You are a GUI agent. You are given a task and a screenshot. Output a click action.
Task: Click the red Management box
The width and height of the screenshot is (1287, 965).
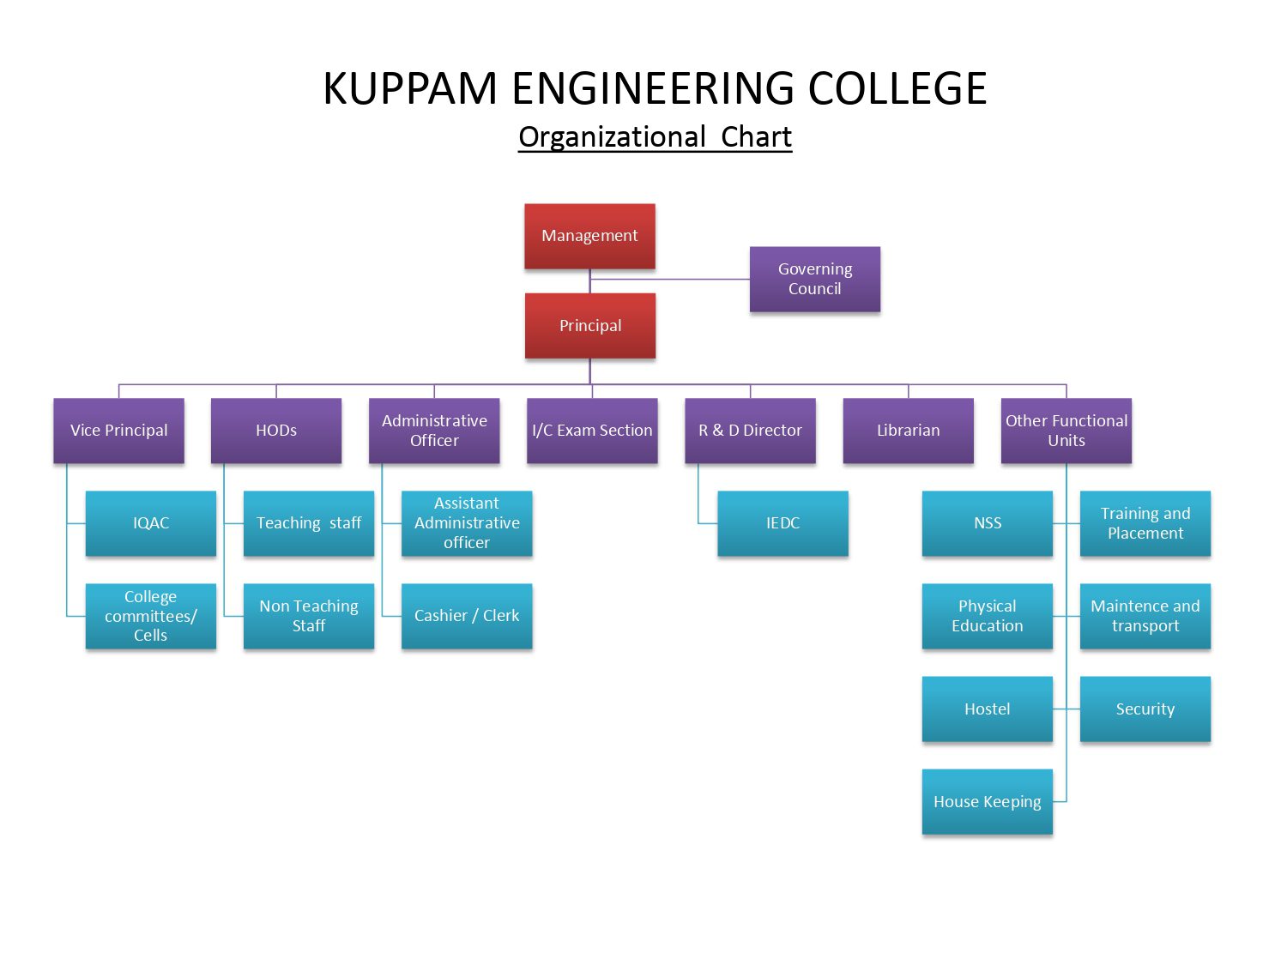[x=589, y=236]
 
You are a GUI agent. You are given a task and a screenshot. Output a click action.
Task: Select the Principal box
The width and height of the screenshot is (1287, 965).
[x=589, y=326]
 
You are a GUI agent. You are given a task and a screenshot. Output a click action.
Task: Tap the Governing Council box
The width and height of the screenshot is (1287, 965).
[x=814, y=279]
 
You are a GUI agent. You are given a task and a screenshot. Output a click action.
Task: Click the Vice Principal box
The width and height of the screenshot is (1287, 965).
[x=118, y=431]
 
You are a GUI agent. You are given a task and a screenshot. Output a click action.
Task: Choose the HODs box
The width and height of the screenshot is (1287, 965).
[x=276, y=431]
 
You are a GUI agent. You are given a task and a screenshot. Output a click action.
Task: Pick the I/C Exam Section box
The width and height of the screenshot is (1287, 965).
[x=592, y=431]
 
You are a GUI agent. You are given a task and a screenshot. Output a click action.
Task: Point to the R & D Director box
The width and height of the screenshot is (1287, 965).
[x=750, y=431]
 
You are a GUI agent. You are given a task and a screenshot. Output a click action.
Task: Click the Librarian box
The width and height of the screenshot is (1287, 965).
[x=908, y=431]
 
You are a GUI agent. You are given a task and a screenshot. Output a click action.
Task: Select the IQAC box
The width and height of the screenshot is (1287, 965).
[x=151, y=523]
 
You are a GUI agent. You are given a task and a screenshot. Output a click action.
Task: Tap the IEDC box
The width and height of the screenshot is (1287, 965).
[x=782, y=523]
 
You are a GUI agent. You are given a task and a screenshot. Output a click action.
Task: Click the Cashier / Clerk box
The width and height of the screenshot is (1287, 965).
[x=467, y=616]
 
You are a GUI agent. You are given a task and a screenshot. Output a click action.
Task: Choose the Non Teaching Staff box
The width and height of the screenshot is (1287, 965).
[x=309, y=616]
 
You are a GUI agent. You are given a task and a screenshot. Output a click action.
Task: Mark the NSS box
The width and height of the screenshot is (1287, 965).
[x=987, y=523]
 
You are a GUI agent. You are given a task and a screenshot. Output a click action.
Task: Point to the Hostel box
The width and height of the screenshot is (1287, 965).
[x=987, y=709]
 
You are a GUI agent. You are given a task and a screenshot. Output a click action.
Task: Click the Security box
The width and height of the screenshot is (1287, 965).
[x=1145, y=709]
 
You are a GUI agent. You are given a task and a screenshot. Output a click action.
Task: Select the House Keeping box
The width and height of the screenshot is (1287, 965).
[x=987, y=801]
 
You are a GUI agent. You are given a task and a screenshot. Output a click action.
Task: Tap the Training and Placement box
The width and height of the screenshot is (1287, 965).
[x=1145, y=523]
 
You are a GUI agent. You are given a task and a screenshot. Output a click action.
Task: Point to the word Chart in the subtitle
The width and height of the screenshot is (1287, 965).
[x=756, y=137]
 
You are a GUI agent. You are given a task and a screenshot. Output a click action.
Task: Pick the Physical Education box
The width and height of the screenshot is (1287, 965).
[x=987, y=616]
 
